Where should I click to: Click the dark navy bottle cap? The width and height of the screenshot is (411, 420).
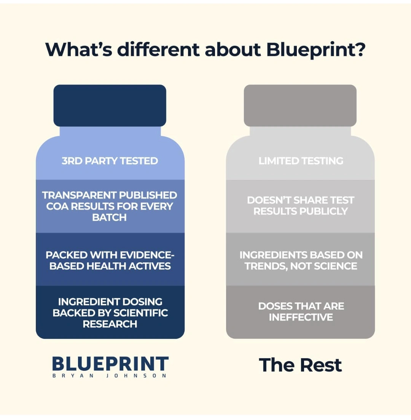[x=110, y=105]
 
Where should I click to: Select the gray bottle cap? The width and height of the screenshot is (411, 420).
[x=300, y=105]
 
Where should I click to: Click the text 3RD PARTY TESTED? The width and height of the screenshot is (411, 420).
[x=110, y=161]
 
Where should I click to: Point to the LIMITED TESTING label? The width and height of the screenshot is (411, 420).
[x=301, y=161]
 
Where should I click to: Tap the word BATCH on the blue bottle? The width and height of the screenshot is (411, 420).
[x=109, y=217]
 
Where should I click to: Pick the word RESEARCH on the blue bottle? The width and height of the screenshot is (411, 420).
[x=110, y=324]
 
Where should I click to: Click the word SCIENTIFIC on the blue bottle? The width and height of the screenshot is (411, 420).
[x=140, y=313]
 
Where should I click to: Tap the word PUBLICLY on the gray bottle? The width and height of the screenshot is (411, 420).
[x=323, y=211]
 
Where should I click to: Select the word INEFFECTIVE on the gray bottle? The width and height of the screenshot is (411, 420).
[x=301, y=318]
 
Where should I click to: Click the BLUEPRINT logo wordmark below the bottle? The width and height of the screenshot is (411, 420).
[x=110, y=364]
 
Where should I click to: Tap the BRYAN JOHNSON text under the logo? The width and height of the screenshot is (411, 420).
[x=109, y=375]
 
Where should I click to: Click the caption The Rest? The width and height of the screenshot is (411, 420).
[x=300, y=365]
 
